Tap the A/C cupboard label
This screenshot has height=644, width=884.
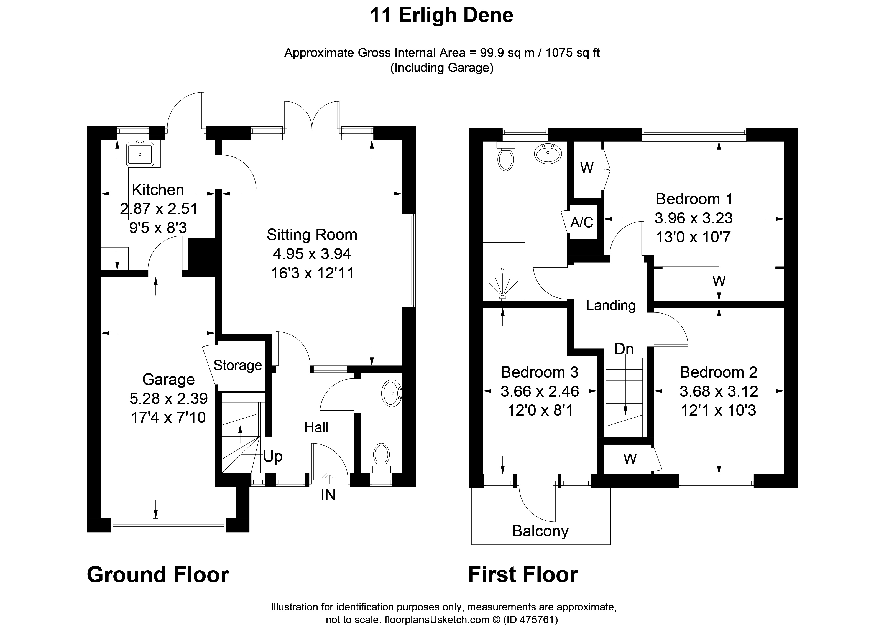[x=582, y=222]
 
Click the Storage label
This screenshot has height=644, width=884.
[x=238, y=365]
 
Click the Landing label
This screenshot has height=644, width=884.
[x=611, y=305]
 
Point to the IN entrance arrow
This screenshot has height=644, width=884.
[x=329, y=478]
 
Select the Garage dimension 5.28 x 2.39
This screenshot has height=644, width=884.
[x=168, y=398]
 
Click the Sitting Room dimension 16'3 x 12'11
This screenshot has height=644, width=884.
[x=312, y=273]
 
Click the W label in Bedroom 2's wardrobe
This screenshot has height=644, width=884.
[x=630, y=459]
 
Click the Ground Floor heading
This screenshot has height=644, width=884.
[x=158, y=575]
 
